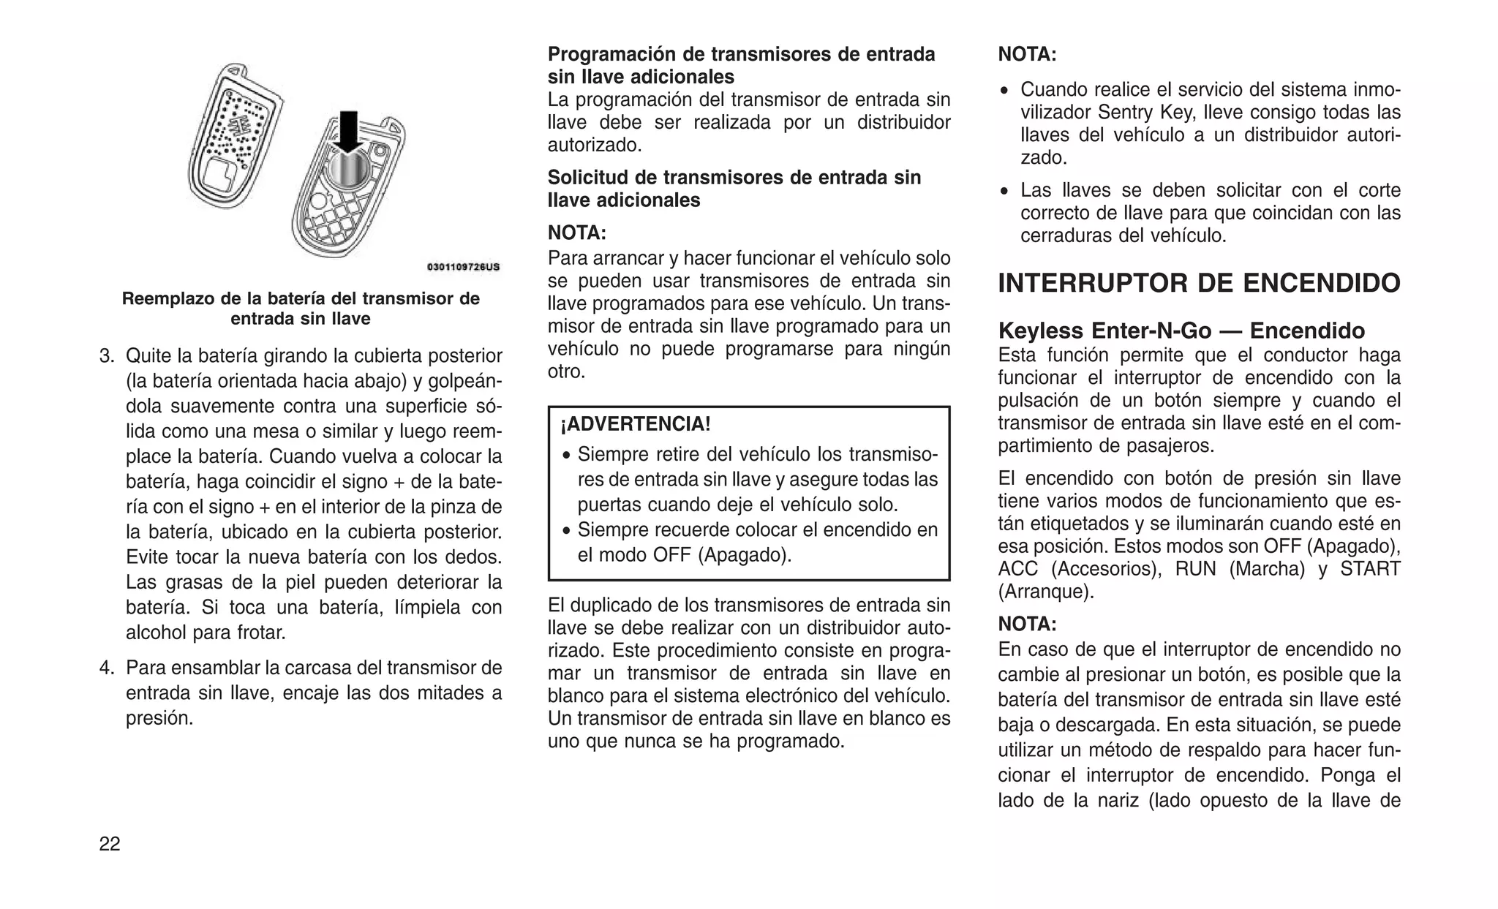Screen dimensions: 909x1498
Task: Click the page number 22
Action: click(x=110, y=844)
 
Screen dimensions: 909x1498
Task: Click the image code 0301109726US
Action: click(x=463, y=267)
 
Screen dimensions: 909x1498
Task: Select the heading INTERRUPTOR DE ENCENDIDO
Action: click(x=1199, y=283)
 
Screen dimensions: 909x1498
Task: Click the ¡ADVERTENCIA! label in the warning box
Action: click(x=635, y=424)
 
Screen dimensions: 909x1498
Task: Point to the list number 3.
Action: click(x=107, y=356)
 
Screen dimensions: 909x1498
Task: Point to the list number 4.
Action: click(x=107, y=668)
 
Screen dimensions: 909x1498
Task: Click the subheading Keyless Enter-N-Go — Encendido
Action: click(x=1181, y=331)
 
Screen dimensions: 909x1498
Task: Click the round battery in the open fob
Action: click(x=346, y=170)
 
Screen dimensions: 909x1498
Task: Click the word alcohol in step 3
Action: click(x=156, y=633)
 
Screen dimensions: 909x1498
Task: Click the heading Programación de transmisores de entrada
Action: click(x=741, y=54)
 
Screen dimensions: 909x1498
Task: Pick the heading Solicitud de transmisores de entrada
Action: click(x=734, y=178)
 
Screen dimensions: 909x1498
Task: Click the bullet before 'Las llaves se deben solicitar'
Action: click(x=1005, y=192)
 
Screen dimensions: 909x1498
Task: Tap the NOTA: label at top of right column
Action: click(x=1027, y=54)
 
